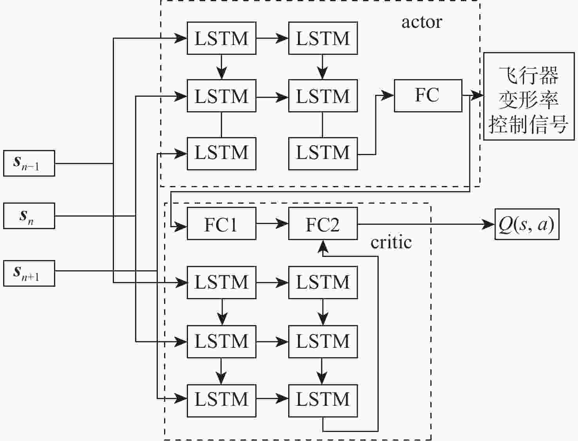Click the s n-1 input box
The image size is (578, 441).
point(29,163)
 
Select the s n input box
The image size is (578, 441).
point(29,215)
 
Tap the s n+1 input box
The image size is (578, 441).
point(29,273)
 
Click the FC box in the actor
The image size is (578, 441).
point(428,96)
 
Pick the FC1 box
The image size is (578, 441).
point(221,224)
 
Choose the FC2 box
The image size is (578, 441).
point(323,224)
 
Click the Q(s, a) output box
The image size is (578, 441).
point(526,224)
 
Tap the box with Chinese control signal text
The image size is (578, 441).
point(528,96)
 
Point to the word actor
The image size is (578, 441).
point(421,22)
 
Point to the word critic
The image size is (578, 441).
point(391,242)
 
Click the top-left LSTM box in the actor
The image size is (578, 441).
point(221,38)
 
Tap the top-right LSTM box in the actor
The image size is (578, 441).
point(323,38)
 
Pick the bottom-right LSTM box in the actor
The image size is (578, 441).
point(323,153)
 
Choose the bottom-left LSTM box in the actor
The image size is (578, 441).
point(221,153)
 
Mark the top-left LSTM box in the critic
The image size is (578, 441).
point(221,282)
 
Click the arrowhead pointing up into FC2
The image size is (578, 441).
point(323,246)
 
